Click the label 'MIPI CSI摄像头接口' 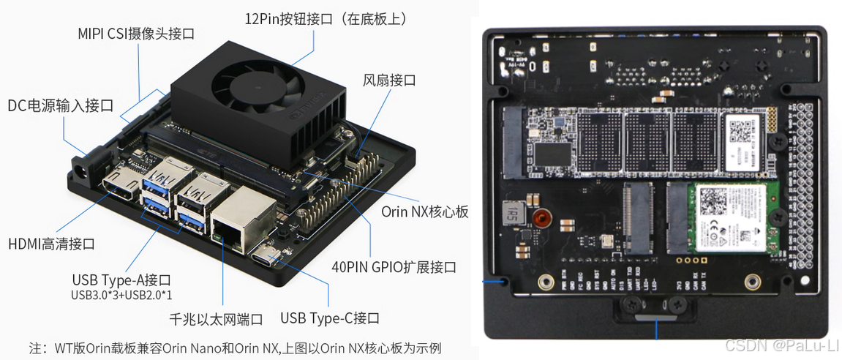(137, 34)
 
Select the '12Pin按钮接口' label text (326, 18)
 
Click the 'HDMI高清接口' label (51, 244)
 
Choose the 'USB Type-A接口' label (121, 280)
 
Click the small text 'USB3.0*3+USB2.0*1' (121, 295)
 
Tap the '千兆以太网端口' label (216, 319)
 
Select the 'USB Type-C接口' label (330, 318)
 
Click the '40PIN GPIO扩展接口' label (394, 267)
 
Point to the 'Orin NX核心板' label (425, 211)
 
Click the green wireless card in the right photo (727, 217)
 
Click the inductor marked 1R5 (514, 214)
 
